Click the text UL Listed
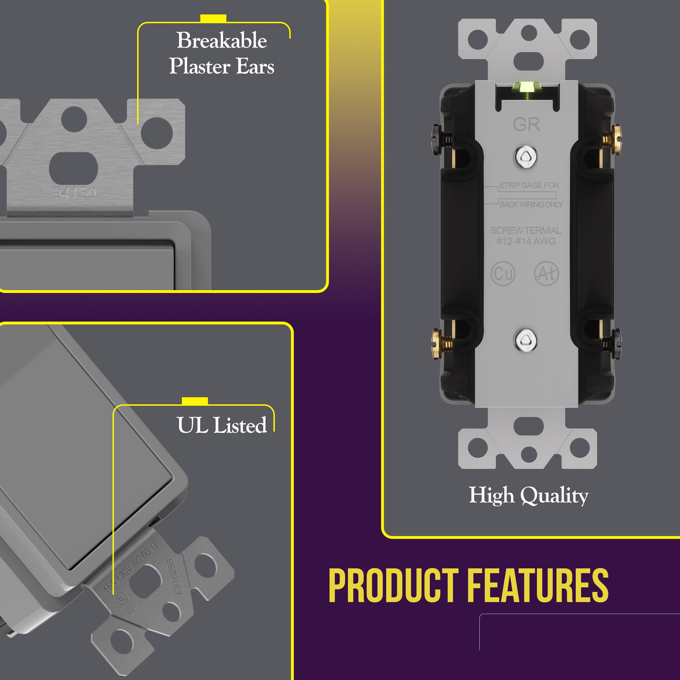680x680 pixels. point(222,425)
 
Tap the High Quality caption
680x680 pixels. point(528,495)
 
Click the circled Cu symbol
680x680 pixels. point(503,273)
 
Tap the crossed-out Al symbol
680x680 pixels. point(546,273)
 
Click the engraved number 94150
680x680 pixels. point(74,193)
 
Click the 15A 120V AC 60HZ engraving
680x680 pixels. point(132,567)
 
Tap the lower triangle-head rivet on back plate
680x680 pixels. point(526,340)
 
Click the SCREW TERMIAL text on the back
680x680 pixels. point(526,230)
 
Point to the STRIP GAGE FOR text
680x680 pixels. point(529,185)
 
